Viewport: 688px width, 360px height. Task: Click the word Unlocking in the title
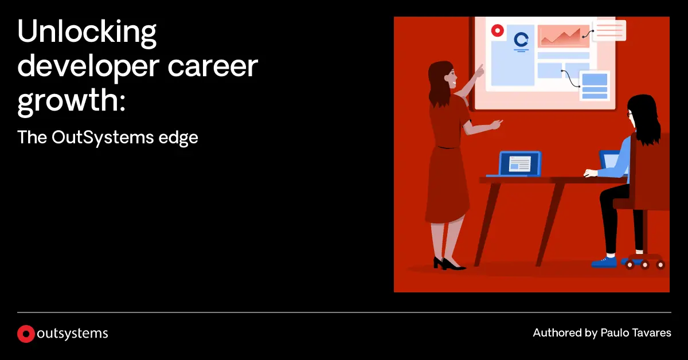(x=87, y=35)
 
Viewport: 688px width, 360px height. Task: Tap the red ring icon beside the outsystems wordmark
(x=25, y=334)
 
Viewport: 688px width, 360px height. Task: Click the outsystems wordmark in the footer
(x=72, y=334)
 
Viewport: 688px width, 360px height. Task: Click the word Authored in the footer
(x=555, y=333)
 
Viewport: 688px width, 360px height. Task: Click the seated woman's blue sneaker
(x=604, y=262)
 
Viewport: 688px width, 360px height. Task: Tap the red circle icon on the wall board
(x=497, y=29)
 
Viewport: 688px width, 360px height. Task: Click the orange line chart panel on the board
(x=563, y=36)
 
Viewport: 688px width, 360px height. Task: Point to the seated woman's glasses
(x=630, y=115)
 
